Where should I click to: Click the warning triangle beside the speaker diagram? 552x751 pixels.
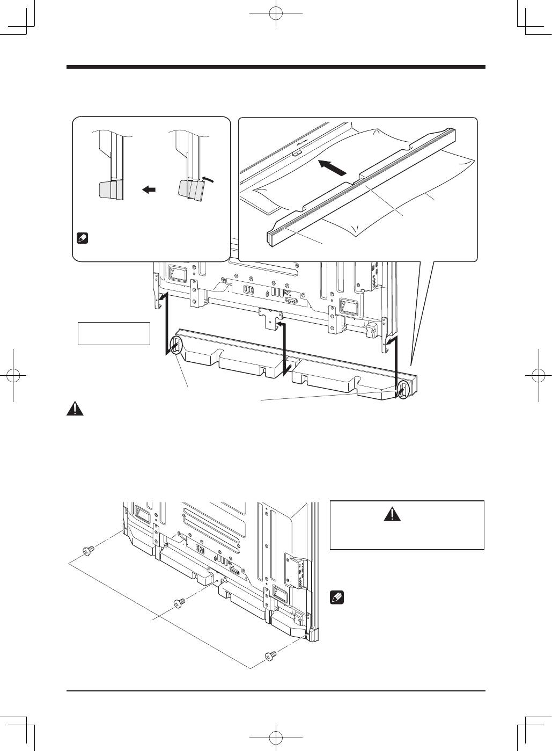[x=75, y=409]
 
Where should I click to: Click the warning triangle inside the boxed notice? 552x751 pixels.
[x=392, y=515]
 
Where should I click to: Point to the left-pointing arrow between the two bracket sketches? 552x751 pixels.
[x=149, y=189]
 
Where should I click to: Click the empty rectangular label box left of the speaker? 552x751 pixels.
[x=114, y=333]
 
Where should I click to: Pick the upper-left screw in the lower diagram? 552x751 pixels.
[x=87, y=550]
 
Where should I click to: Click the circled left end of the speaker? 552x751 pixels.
[x=175, y=345]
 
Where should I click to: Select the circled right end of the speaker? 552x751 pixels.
[x=401, y=389]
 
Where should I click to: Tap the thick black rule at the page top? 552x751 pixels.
[x=276, y=67]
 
